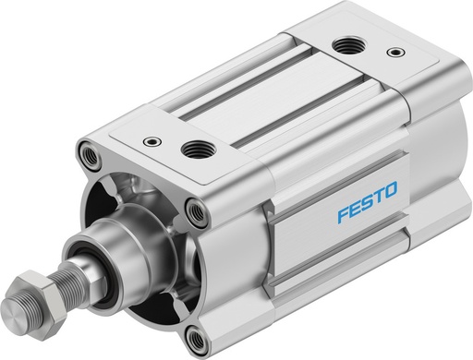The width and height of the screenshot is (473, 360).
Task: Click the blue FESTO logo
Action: [x=366, y=194]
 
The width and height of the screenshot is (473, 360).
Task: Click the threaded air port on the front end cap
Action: [x=195, y=147]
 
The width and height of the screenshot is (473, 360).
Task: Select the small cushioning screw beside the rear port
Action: [x=395, y=52]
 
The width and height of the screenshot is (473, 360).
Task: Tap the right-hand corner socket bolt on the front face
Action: [x=196, y=213]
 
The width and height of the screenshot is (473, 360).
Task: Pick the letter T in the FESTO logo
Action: [x=378, y=191]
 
